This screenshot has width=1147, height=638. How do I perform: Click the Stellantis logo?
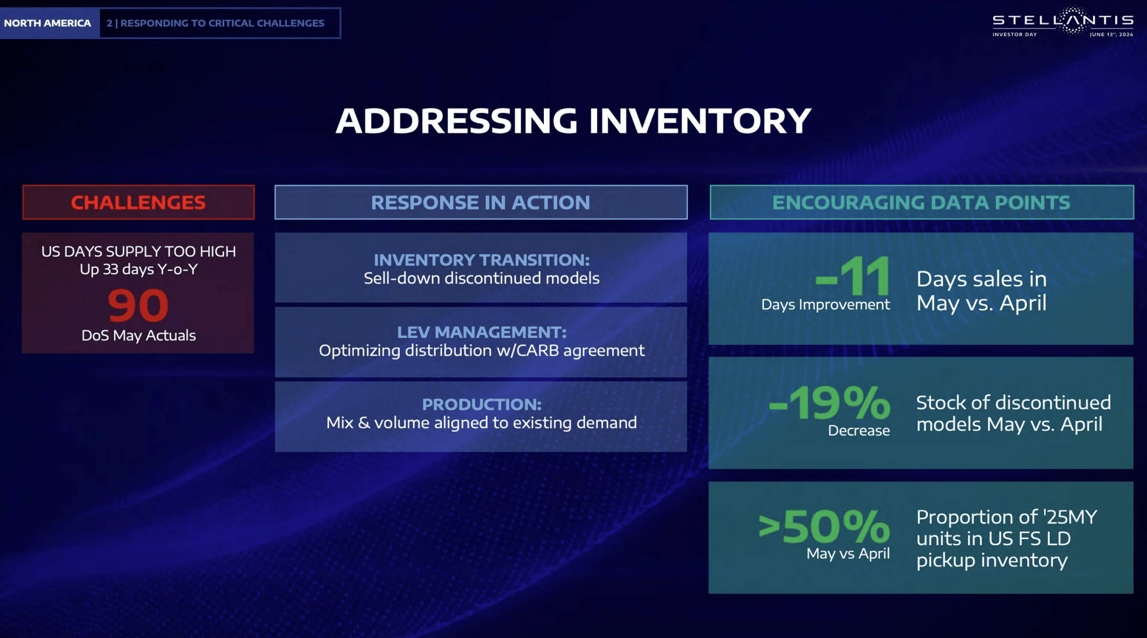(1063, 20)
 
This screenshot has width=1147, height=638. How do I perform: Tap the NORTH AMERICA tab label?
(48, 23)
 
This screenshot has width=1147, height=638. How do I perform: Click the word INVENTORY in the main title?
(699, 121)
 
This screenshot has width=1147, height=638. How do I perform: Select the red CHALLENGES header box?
(138, 202)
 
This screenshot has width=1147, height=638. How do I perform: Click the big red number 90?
(138, 305)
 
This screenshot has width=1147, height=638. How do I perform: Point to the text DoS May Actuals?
(138, 335)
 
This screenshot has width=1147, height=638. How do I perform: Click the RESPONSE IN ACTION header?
(480, 202)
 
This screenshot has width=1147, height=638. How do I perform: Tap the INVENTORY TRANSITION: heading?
(481, 260)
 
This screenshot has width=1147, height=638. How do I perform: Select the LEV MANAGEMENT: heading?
(481, 332)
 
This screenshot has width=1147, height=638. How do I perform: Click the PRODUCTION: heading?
(481, 405)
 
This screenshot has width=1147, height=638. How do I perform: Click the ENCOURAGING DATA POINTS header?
(921, 202)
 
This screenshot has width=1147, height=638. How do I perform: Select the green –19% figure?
(830, 403)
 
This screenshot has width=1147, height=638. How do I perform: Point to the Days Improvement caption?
(825, 305)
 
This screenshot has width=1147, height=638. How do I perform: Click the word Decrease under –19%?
(858, 431)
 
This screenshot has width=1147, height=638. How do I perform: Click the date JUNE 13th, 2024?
(1111, 34)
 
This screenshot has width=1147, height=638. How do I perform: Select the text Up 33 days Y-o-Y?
(138, 269)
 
